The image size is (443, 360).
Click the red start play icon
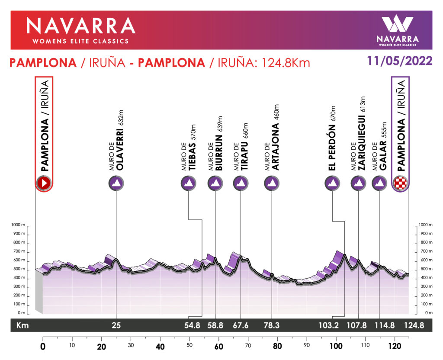[44, 183]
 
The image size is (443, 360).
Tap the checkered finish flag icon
[400, 183]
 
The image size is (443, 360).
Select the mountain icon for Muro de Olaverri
[116, 183]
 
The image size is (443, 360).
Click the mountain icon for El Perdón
[332, 183]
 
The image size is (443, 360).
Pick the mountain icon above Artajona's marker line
[272, 183]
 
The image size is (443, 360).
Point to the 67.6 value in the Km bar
[241, 326]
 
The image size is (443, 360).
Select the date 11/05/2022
[400, 61]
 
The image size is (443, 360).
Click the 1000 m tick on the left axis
[18, 225]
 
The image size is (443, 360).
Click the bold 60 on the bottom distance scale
[218, 347]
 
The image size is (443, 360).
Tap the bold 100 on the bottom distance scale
[336, 347]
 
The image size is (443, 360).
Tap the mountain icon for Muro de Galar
[379, 183]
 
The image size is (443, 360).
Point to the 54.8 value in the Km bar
[192, 326]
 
